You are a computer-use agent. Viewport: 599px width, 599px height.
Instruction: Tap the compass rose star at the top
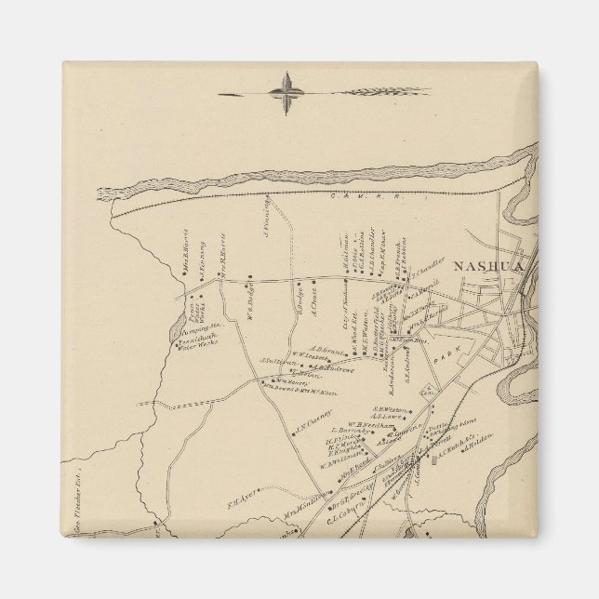click(x=287, y=90)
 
